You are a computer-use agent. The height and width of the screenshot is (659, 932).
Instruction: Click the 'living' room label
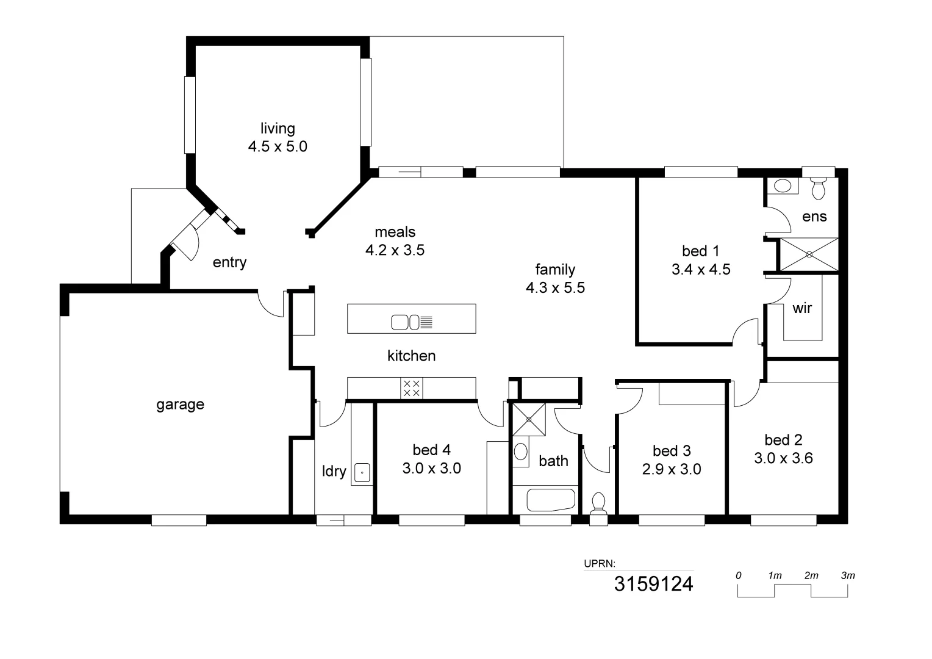tap(278, 129)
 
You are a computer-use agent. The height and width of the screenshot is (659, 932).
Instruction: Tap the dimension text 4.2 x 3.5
tap(395, 250)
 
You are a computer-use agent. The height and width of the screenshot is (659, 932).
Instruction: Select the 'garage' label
tap(180, 405)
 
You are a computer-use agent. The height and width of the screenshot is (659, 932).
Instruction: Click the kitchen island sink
tap(404, 322)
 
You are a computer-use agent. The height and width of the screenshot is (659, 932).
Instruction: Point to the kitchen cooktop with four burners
tap(412, 388)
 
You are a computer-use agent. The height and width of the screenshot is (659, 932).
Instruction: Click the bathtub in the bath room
tap(551, 500)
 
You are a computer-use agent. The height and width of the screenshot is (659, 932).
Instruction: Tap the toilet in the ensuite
tap(819, 187)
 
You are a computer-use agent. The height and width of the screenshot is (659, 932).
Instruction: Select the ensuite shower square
tap(809, 254)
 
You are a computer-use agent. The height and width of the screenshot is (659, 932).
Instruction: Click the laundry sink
tap(362, 472)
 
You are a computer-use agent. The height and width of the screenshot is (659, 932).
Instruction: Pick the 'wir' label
tap(802, 308)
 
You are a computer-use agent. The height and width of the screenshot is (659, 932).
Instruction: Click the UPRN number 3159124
tap(653, 584)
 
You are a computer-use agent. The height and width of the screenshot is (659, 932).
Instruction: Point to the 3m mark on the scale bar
tap(848, 575)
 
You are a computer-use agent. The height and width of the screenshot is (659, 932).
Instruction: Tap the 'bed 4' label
tap(431, 450)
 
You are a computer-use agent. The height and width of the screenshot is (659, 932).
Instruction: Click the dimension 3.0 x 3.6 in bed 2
tap(783, 458)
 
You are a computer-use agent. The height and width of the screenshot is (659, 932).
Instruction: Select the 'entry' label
tap(229, 262)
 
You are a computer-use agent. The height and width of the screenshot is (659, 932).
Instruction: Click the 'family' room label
tap(555, 269)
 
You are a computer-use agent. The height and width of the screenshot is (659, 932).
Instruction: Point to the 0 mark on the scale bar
tap(739, 575)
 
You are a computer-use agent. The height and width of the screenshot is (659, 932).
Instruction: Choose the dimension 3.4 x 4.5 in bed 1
tap(701, 270)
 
